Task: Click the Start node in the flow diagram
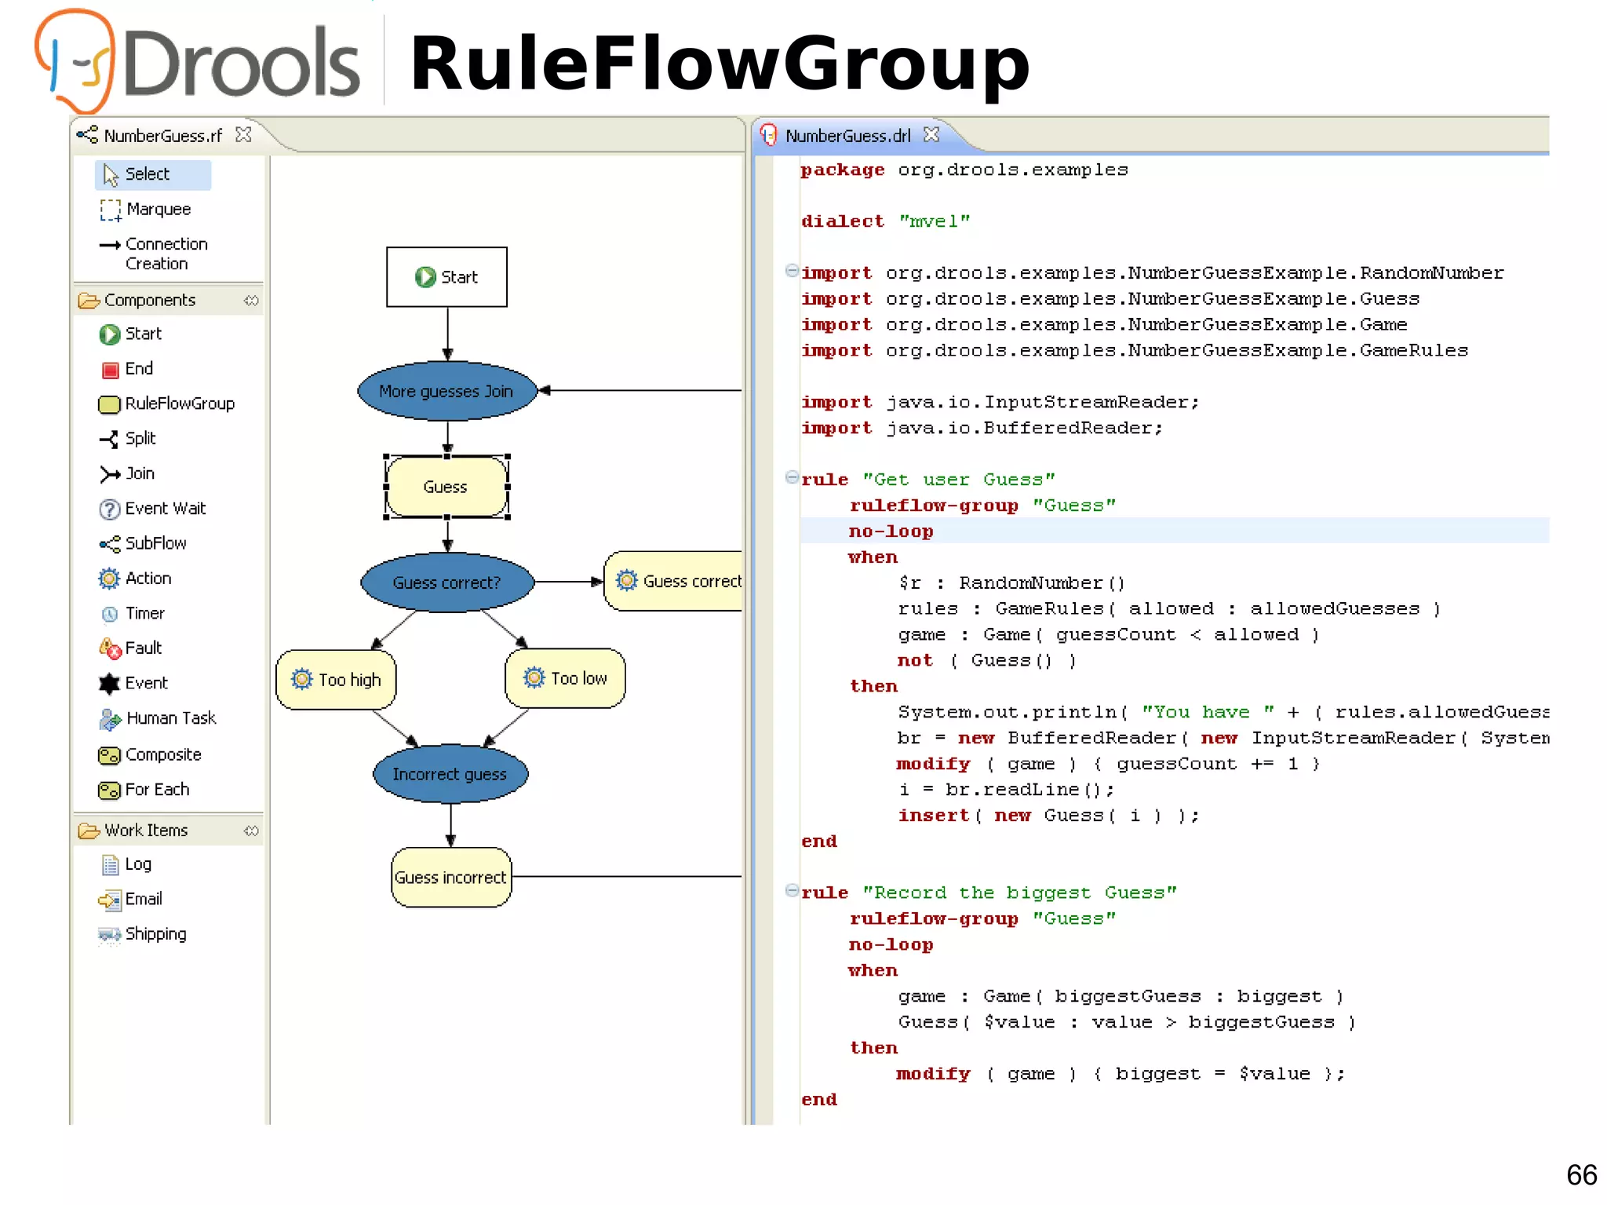click(446, 277)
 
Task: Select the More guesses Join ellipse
click(446, 391)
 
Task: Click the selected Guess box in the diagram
click(446, 487)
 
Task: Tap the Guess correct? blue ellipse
click(446, 582)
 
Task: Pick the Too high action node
click(336, 680)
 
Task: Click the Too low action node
click(565, 678)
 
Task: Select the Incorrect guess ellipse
click(450, 774)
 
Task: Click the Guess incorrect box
click(450, 878)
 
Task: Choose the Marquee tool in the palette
click(158, 210)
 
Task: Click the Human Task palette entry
click(170, 718)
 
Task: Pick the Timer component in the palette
click(144, 613)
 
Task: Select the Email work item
click(143, 899)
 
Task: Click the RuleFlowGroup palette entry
click(179, 403)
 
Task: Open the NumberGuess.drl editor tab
click(847, 136)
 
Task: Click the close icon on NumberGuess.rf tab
click(244, 135)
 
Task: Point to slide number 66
click(1581, 1175)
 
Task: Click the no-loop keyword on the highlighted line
click(891, 531)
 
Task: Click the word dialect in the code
click(842, 221)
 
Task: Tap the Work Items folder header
click(146, 831)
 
